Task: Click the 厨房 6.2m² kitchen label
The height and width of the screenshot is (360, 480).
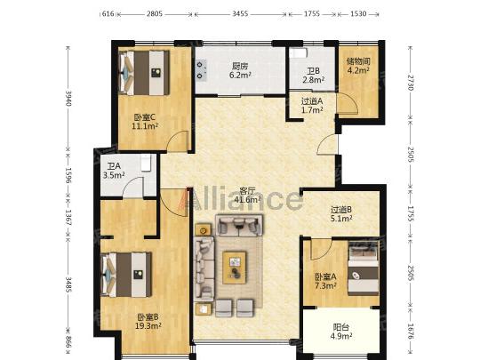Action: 241,70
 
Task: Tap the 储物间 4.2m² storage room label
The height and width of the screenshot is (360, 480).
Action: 358,66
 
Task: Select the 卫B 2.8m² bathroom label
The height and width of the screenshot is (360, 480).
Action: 314,76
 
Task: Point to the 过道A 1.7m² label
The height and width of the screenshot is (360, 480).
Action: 312,105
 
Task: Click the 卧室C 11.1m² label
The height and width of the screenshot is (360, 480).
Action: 145,122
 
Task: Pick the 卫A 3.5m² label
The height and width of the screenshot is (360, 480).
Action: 114,171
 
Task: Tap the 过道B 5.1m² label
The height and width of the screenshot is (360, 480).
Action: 341,214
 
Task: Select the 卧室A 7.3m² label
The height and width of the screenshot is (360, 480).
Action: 326,281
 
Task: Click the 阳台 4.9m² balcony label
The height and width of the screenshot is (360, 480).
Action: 341,332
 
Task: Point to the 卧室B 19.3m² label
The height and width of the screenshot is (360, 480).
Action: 148,322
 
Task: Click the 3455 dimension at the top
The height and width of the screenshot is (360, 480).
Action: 240,13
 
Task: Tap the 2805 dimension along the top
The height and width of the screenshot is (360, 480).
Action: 155,13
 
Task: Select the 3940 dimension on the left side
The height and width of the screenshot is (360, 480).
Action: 68,99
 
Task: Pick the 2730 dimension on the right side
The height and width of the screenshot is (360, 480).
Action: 411,83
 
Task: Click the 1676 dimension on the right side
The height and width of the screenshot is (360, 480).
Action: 411,332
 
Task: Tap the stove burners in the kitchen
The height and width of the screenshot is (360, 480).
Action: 201,70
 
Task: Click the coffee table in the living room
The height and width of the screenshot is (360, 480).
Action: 235,268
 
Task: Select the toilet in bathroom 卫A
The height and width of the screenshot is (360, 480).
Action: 146,163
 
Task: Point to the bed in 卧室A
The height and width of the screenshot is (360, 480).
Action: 364,268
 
